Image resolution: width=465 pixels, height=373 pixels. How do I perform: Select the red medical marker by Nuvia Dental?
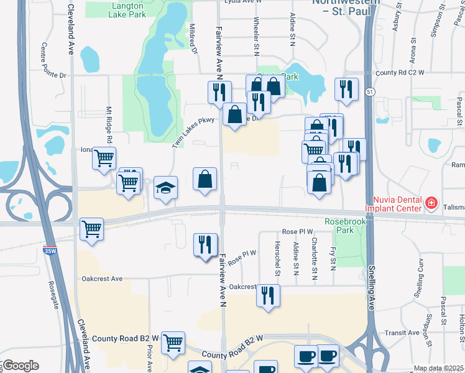click(x=430, y=203)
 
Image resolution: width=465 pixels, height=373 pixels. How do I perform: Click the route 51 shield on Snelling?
click(x=370, y=92)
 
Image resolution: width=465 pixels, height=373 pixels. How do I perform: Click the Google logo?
click(x=21, y=365)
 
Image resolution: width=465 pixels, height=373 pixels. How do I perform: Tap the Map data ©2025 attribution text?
click(x=439, y=369)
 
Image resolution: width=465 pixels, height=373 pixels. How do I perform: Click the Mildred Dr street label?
click(x=193, y=39)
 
